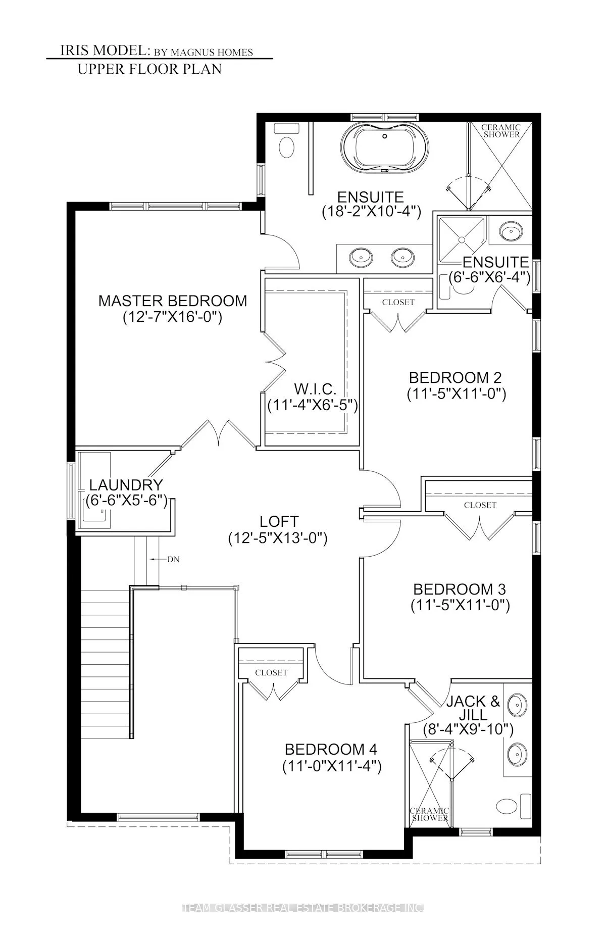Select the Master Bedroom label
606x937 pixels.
click(x=173, y=301)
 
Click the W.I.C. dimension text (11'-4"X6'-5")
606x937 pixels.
click(x=313, y=405)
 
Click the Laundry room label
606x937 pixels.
click(x=126, y=485)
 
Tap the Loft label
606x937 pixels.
click(x=279, y=521)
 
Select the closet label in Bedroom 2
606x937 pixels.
click(x=398, y=302)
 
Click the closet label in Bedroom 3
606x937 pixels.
click(x=480, y=505)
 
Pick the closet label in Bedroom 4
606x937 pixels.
click(x=271, y=672)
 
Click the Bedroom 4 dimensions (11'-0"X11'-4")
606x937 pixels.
click(x=332, y=767)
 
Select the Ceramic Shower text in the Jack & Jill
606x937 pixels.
click(x=430, y=814)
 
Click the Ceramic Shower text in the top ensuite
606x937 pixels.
click(x=500, y=131)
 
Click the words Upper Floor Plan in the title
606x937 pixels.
click(x=149, y=69)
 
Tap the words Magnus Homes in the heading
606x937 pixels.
click(x=212, y=52)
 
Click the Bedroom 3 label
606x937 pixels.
click(x=460, y=589)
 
